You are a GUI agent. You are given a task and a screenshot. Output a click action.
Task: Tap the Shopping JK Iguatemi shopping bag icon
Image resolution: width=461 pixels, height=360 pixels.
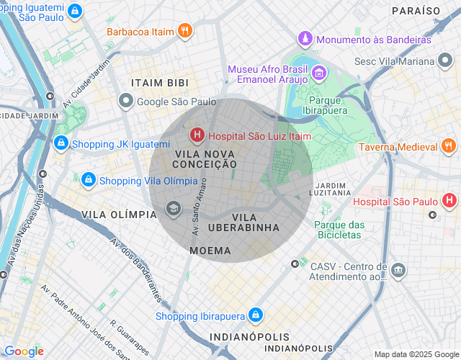click(x=61, y=144)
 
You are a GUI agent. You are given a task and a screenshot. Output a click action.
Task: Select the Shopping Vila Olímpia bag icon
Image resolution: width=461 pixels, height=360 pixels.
click(x=88, y=179)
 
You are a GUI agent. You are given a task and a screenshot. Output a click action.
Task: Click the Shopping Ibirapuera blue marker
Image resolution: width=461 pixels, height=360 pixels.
click(x=254, y=315)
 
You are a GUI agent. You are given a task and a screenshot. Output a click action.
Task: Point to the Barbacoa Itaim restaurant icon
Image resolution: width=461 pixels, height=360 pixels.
click(x=185, y=31)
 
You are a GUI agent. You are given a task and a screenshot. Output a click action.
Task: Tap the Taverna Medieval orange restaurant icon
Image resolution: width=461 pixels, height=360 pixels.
click(x=448, y=148)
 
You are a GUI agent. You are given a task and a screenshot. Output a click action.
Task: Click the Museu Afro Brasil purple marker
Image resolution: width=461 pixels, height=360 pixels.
click(x=318, y=73)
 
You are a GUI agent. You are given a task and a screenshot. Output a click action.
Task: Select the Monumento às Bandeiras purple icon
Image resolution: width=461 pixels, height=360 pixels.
click(x=306, y=39)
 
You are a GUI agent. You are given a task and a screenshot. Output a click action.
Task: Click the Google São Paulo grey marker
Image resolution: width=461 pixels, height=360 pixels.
click(x=126, y=102)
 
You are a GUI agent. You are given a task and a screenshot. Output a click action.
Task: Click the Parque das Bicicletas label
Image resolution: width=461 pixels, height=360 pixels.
click(x=339, y=230)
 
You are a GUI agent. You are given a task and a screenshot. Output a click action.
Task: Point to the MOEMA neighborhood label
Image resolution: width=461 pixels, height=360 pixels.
click(x=210, y=251)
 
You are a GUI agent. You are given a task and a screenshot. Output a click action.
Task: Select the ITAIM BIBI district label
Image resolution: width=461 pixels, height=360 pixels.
click(x=159, y=84)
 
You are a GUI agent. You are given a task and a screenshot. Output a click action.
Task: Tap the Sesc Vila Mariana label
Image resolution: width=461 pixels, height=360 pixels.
click(x=404, y=61)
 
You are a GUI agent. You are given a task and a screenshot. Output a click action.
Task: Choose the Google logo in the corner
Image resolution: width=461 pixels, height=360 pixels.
click(x=24, y=351)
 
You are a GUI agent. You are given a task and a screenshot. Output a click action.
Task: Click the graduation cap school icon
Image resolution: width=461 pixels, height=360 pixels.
click(x=173, y=209)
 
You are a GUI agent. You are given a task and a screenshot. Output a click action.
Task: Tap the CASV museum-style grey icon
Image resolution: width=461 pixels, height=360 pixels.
click(x=398, y=271)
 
